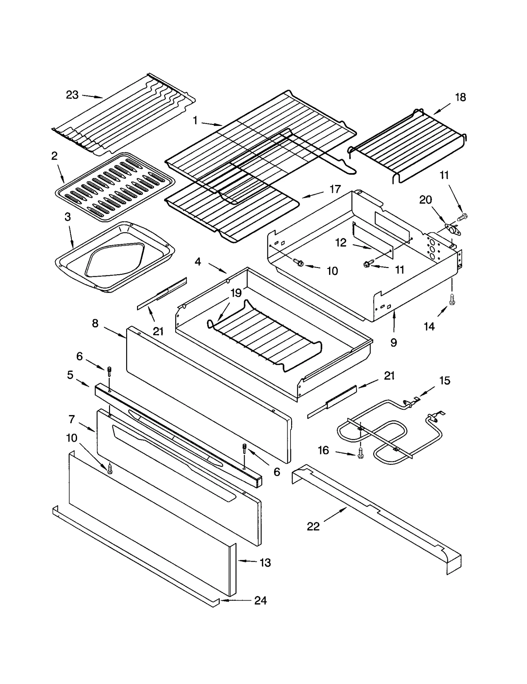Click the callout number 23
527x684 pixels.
(x=72, y=95)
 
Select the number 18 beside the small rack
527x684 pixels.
(x=460, y=97)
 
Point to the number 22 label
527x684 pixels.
(x=313, y=526)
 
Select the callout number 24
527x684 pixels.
(x=260, y=601)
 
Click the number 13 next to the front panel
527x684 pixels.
(x=265, y=562)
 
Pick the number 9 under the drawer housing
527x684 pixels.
(x=394, y=342)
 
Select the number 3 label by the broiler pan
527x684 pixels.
(x=68, y=217)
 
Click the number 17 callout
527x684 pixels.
(x=335, y=189)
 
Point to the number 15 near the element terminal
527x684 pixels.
(x=445, y=380)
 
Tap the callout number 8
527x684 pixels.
(x=95, y=323)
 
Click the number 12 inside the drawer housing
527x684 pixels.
(x=341, y=243)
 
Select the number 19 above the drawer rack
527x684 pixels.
(x=236, y=293)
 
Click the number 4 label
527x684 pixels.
(x=198, y=262)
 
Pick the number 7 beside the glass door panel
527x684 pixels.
(x=71, y=419)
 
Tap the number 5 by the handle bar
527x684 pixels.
(x=70, y=375)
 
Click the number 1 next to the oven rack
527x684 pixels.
(x=195, y=121)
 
